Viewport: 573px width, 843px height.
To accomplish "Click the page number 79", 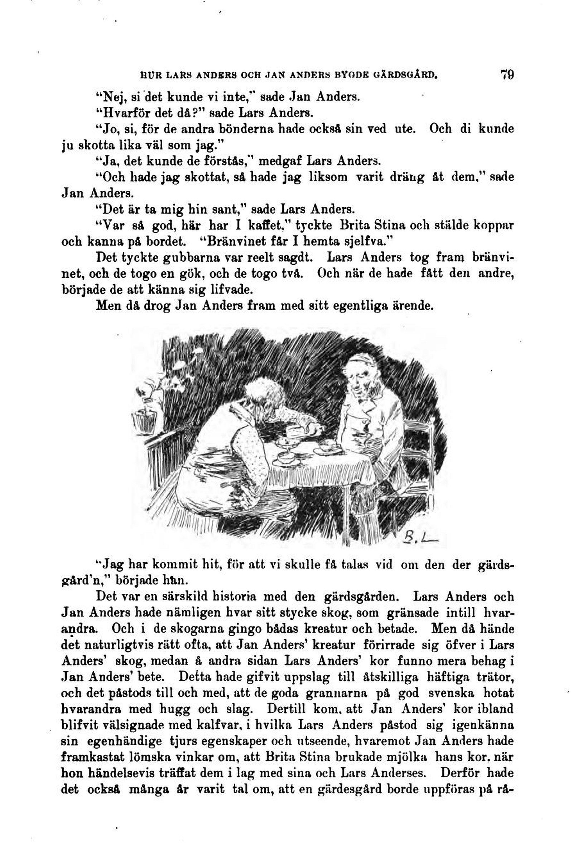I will point(507,75).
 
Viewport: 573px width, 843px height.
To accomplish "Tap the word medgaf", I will point(279,161).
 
